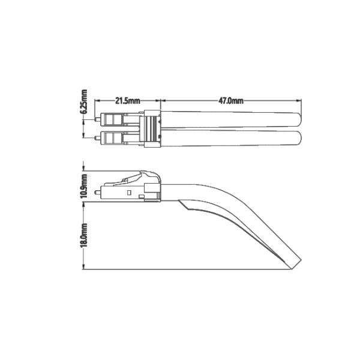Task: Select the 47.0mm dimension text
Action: tap(230, 101)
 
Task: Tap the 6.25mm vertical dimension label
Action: tap(83, 103)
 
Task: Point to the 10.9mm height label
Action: tap(83, 185)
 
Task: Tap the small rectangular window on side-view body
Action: tap(130, 193)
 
